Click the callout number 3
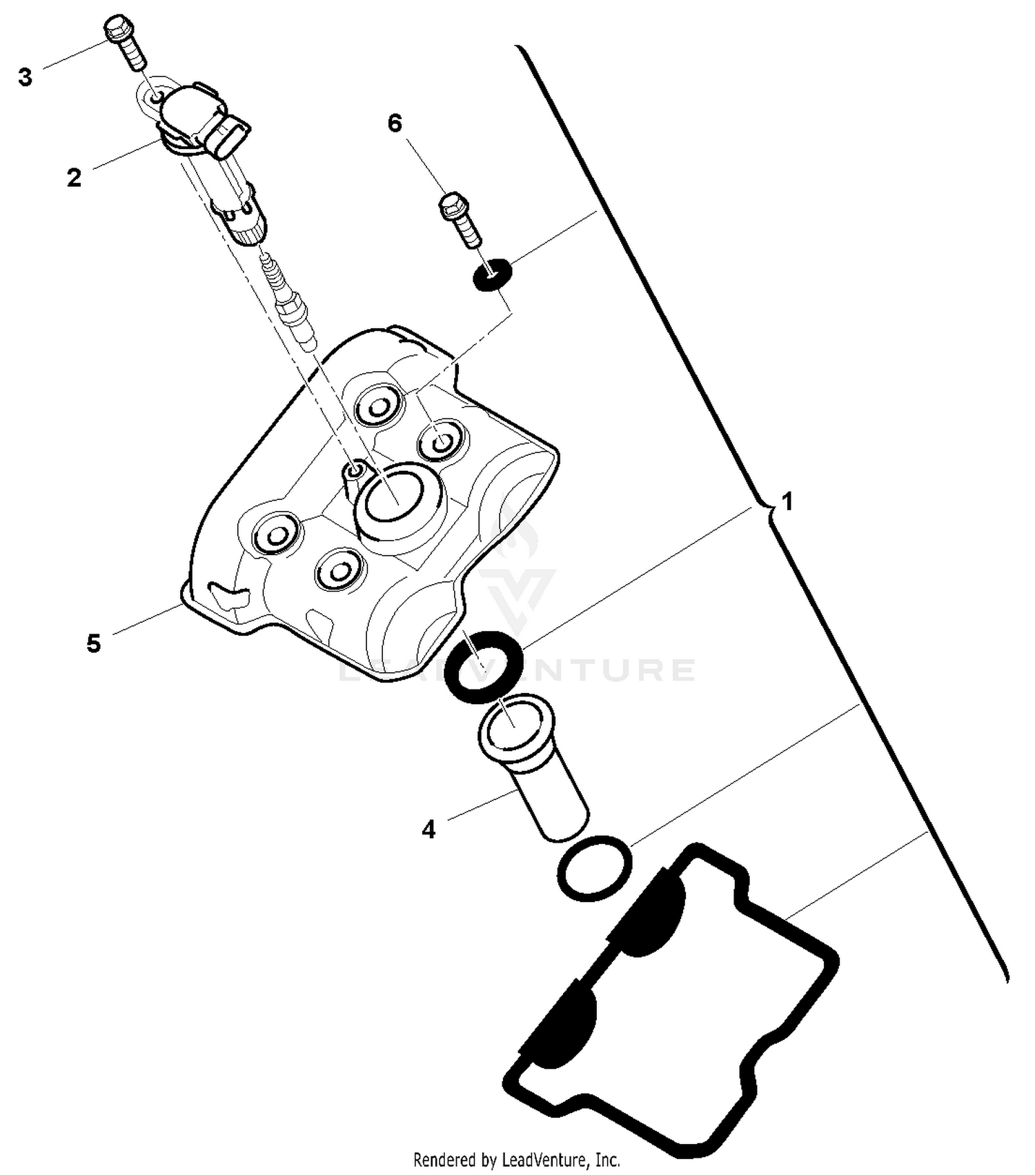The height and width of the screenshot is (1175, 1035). tap(26, 77)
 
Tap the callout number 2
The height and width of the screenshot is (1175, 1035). tap(74, 178)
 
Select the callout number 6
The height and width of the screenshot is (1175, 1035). tap(395, 123)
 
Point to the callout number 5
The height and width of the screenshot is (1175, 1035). tap(94, 643)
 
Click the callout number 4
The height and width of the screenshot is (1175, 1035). tap(428, 830)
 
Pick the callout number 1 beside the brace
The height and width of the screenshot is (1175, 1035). tap(786, 501)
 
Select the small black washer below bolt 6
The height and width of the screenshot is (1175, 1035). tap(493, 274)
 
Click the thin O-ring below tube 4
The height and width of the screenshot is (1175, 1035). tap(594, 867)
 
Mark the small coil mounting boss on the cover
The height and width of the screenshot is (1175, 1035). tap(355, 471)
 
